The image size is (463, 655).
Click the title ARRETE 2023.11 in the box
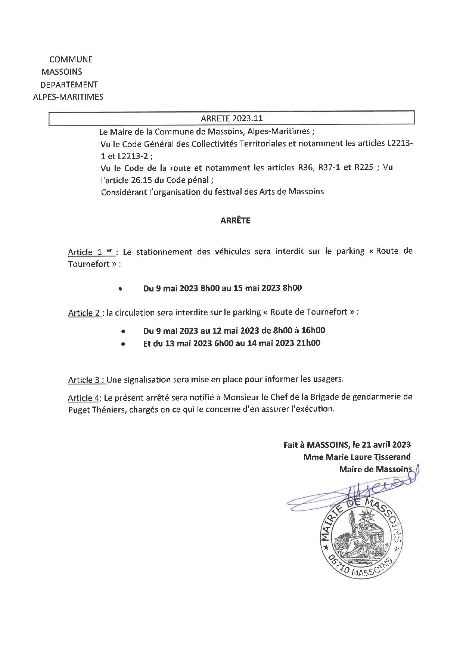232,118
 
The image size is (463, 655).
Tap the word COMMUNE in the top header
71,59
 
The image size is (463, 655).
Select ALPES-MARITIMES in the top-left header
68,97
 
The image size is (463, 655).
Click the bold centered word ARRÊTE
235,220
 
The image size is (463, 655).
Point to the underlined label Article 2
84,313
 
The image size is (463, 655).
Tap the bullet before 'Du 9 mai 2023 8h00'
120,289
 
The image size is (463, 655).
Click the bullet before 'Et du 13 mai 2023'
122,344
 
